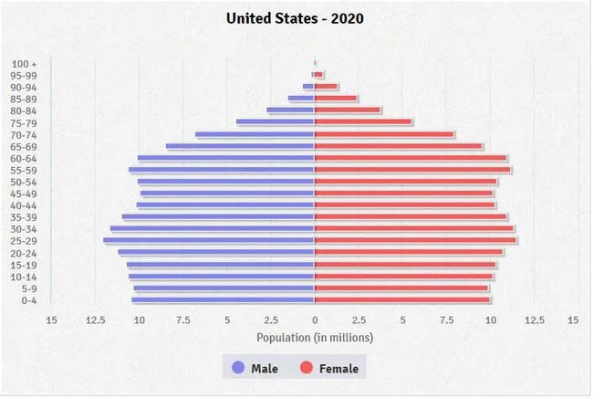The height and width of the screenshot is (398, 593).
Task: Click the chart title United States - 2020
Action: pyautogui.click(x=295, y=18)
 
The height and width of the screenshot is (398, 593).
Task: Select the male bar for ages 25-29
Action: pyautogui.click(x=209, y=241)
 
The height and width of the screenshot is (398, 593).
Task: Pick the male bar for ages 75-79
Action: pyautogui.click(x=276, y=122)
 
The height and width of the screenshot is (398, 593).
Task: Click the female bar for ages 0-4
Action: pyautogui.click(x=402, y=299)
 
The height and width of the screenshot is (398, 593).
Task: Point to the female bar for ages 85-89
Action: pyautogui.click(x=336, y=99)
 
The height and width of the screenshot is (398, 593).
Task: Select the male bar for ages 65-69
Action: pyautogui.click(x=240, y=146)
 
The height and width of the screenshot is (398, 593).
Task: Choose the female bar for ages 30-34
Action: pyautogui.click(x=414, y=229)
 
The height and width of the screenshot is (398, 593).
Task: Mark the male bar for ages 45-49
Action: pyautogui.click(x=227, y=194)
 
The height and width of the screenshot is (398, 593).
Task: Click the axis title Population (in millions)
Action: pyautogui.click(x=315, y=338)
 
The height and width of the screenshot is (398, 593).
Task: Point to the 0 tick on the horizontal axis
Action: pyautogui.click(x=315, y=320)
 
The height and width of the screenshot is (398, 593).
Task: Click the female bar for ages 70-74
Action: pyautogui.click(x=384, y=134)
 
